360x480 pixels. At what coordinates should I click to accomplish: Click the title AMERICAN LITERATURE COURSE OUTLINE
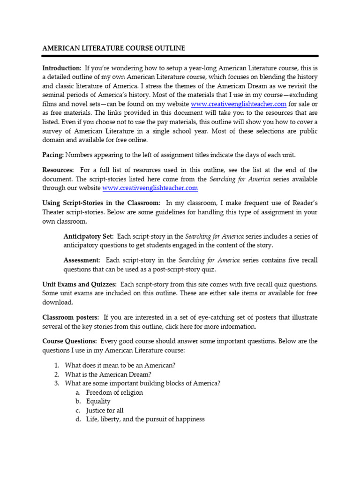[x=113, y=48]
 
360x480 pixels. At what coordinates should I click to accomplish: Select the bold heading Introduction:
[x=62, y=68]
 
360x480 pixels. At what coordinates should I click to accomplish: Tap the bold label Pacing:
[x=53, y=155]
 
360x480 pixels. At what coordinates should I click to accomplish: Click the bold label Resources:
[x=58, y=170]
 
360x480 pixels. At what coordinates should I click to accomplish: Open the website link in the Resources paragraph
[x=150, y=188]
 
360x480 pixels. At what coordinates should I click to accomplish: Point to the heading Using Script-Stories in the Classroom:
[x=101, y=203]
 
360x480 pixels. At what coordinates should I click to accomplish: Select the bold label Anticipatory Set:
[x=89, y=236]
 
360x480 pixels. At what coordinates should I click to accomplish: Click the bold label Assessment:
[x=82, y=260]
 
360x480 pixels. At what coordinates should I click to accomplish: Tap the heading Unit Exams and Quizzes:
[x=79, y=285]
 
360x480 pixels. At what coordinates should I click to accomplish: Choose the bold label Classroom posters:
[x=71, y=317]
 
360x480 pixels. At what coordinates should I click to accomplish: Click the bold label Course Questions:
[x=70, y=341]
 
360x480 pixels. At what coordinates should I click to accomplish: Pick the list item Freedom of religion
[x=114, y=392]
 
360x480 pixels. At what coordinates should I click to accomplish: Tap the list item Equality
[x=98, y=401]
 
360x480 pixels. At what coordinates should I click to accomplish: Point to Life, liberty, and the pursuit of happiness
[x=145, y=420]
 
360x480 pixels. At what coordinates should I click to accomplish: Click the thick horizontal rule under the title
[x=180, y=56]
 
